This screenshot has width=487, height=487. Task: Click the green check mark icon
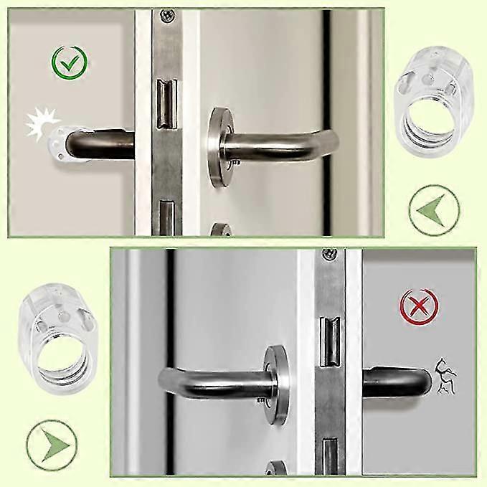(x=70, y=64)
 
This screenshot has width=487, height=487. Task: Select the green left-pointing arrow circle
(x=434, y=209)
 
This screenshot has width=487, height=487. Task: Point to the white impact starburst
(x=39, y=123)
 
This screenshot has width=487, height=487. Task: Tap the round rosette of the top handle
(x=219, y=147)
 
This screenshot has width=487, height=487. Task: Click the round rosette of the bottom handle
(x=273, y=383)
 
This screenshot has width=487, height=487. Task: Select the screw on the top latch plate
(x=167, y=15)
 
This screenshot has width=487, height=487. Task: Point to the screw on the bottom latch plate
(x=329, y=255)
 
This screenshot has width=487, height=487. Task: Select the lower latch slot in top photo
(x=166, y=218)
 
